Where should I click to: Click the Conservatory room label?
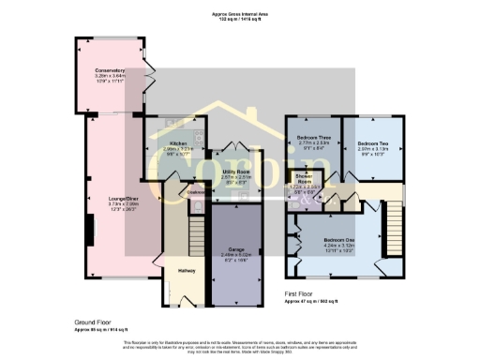click(109, 69)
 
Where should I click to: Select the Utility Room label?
click(235, 172)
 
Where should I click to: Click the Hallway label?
click(186, 270)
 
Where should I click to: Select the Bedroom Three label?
click(313, 137)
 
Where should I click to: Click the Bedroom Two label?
click(371, 137)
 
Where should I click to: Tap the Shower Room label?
click(304, 178)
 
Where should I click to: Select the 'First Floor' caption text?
click(302, 293)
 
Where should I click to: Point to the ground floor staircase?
click(197, 229)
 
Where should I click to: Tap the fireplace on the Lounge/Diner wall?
click(90, 229)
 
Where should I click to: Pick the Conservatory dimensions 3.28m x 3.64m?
click(109, 75)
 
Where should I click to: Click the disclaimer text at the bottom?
click(239, 347)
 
